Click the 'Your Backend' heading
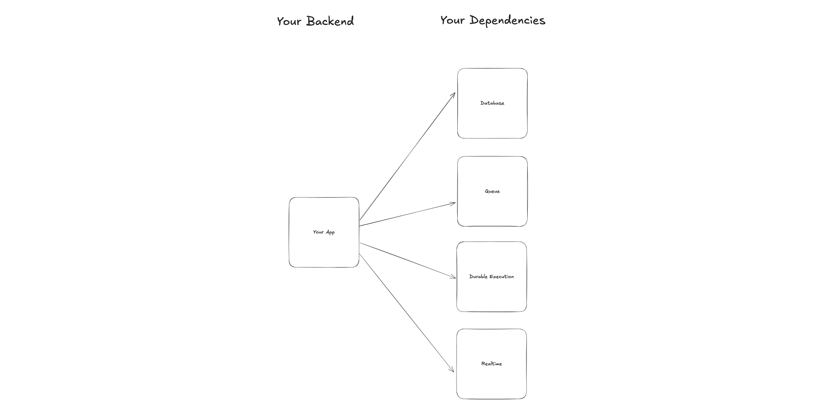click(315, 21)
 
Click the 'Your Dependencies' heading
click(493, 21)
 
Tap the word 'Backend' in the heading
click(330, 21)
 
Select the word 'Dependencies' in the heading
click(508, 21)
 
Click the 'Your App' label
click(324, 232)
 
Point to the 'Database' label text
click(492, 103)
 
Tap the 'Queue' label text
click(492, 192)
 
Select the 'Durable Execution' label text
click(491, 277)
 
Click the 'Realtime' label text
click(491, 364)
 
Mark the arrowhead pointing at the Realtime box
click(452, 370)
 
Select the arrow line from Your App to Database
click(407, 157)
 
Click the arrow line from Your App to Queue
click(407, 214)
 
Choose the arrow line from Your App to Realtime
click(406, 312)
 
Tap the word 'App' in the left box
click(330, 233)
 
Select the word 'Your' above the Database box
click(452, 21)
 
